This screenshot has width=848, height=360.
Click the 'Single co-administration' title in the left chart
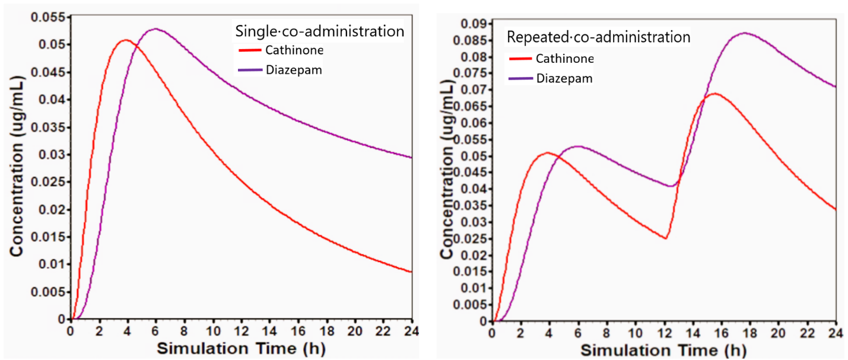click(x=320, y=31)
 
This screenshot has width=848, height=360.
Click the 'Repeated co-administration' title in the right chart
click(x=598, y=37)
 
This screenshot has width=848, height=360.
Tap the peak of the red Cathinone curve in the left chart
click(x=125, y=40)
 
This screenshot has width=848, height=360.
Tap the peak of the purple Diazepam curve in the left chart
click(x=155, y=28)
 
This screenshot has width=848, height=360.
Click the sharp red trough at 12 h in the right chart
click(x=666, y=238)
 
